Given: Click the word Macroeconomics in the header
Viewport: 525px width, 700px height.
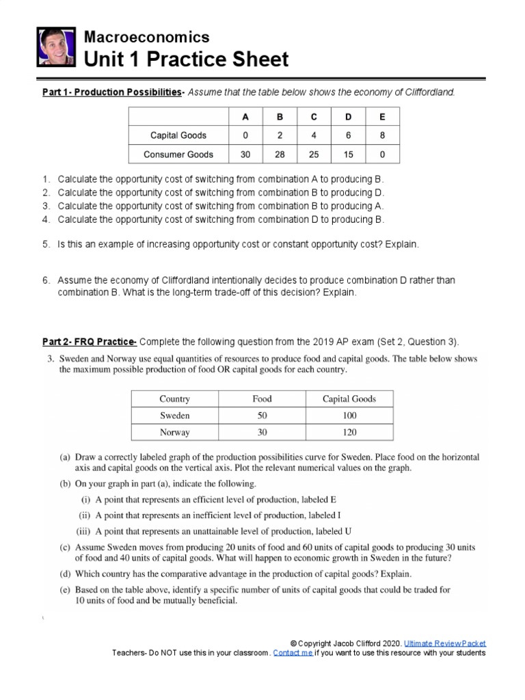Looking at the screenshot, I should tap(146, 37).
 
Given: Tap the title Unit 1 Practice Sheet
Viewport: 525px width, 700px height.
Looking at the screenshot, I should tap(185, 59).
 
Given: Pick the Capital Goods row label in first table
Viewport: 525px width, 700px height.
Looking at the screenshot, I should tap(178, 135).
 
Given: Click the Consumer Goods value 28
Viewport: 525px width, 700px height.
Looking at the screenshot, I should tap(280, 154).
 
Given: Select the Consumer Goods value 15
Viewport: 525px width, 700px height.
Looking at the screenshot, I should tap(348, 154).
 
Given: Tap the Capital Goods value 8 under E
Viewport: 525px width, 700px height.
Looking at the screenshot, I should tap(382, 135).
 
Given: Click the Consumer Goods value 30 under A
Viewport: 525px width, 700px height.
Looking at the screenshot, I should tap(245, 154).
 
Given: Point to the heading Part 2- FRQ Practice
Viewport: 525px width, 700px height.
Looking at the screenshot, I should tap(90, 342).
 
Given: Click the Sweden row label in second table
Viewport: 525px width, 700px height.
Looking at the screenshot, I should tap(174, 416).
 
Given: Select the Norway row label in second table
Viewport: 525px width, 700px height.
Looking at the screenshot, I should tap(174, 432).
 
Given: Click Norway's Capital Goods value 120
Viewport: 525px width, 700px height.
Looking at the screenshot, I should tap(349, 432).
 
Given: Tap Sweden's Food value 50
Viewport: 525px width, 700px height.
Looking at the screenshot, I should tap(262, 416).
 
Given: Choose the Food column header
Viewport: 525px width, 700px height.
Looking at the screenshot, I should tap(262, 399).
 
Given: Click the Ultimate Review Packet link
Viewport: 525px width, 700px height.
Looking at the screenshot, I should tap(445, 643).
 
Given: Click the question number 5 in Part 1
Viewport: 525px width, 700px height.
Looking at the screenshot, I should tap(46, 244).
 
